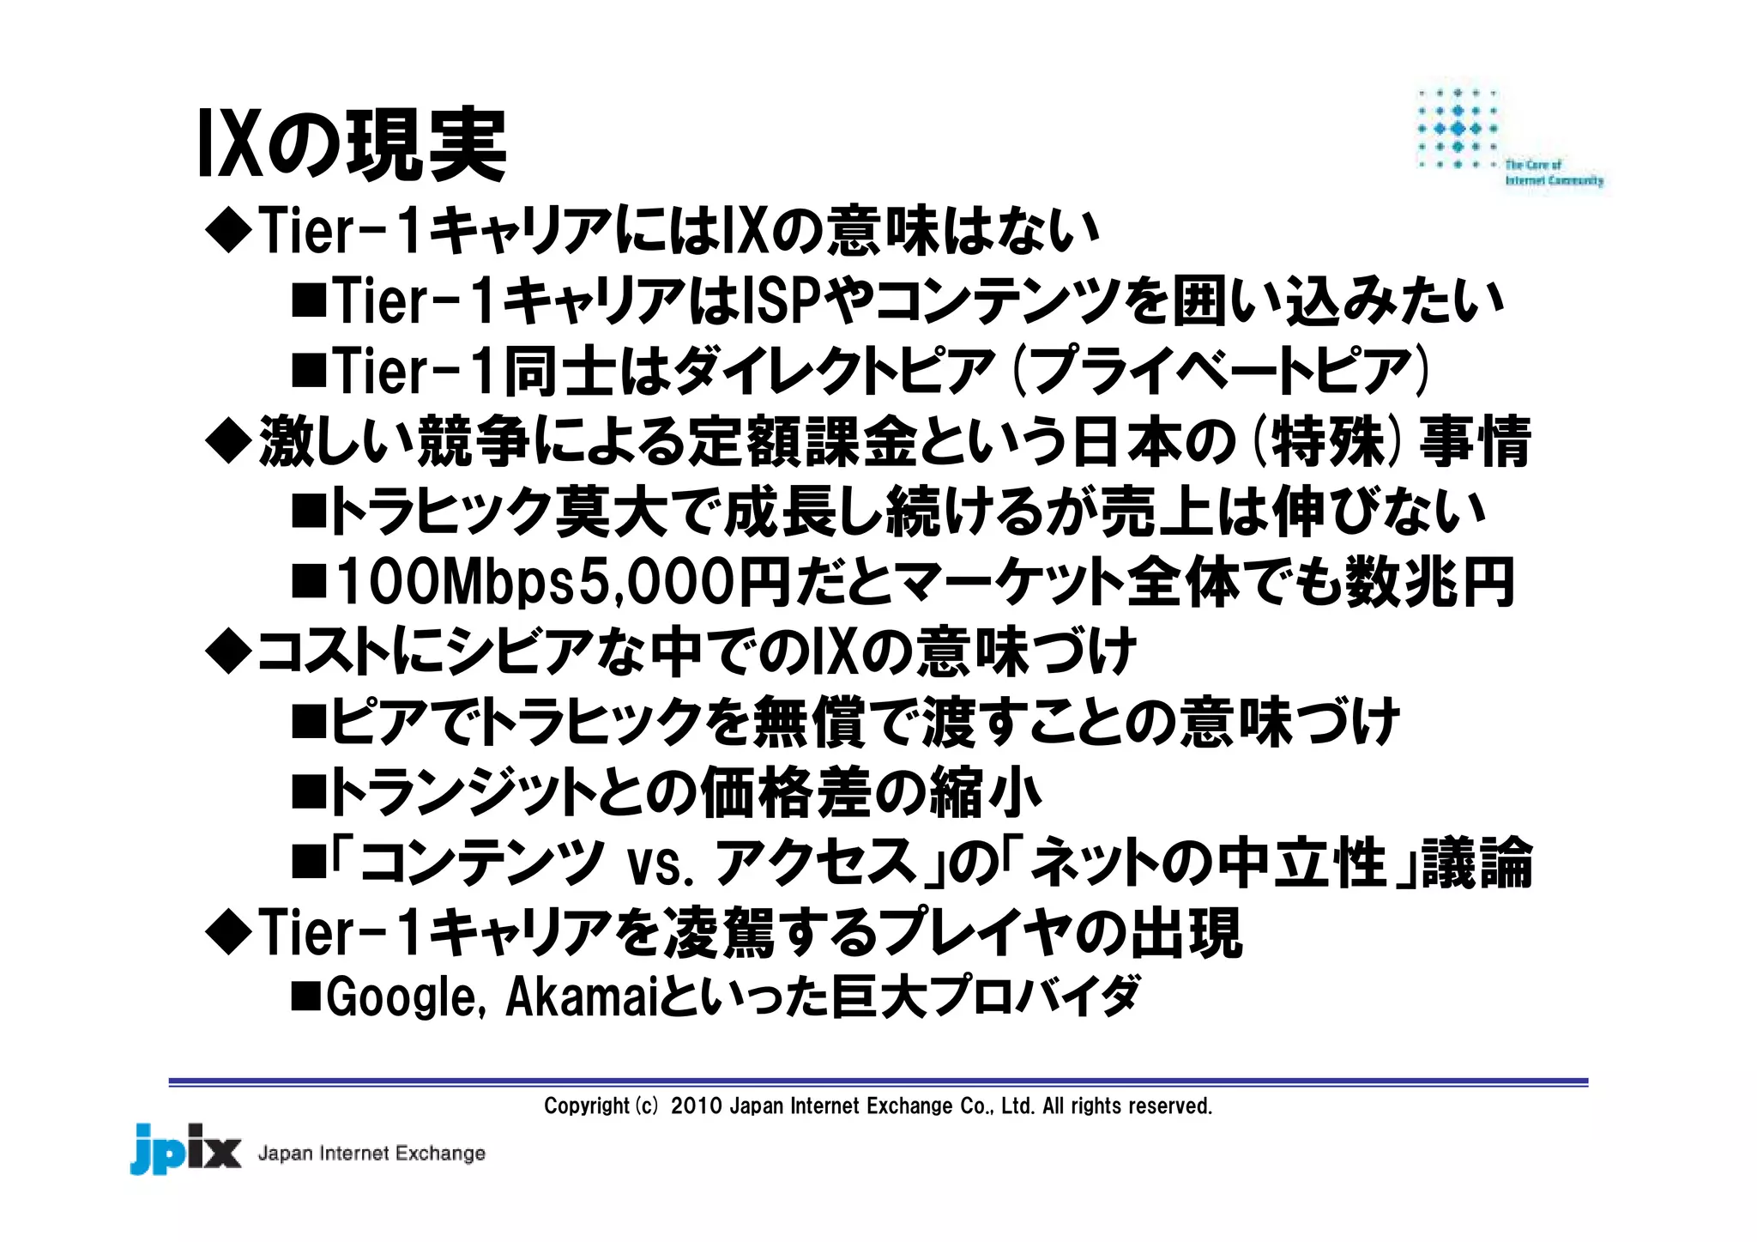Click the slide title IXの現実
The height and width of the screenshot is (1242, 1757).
pyautogui.click(x=352, y=144)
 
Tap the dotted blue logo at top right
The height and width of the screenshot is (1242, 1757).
pyautogui.click(x=1458, y=129)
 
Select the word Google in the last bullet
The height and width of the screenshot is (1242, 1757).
pyautogui.click(x=401, y=997)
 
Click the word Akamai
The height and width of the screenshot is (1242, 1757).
pyautogui.click(x=581, y=997)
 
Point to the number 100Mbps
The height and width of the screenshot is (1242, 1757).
pyautogui.click(x=456, y=582)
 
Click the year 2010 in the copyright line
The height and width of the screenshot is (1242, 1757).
pyautogui.click(x=696, y=1106)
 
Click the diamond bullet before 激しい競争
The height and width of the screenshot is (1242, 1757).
pyautogui.click(x=229, y=442)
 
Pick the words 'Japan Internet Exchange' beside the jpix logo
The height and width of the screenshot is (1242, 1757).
pyautogui.click(x=371, y=1154)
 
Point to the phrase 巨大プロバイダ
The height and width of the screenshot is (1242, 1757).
pyautogui.click(x=986, y=997)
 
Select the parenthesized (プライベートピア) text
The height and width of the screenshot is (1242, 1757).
pyautogui.click(x=1222, y=372)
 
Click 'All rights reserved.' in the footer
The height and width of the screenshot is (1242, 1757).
pyautogui.click(x=1126, y=1106)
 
